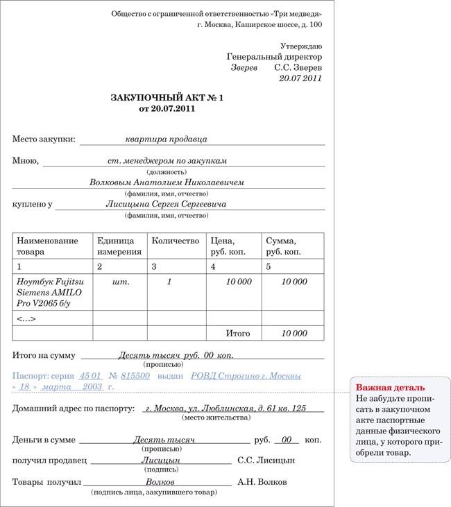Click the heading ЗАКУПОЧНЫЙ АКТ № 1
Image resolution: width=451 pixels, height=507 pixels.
pyautogui.click(x=167, y=98)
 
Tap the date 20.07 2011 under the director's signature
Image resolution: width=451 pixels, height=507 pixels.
pyautogui.click(x=300, y=79)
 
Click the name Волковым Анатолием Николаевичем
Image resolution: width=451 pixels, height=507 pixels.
pyautogui.click(x=167, y=182)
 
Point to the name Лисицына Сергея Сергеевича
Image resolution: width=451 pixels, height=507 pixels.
pyautogui.click(x=166, y=205)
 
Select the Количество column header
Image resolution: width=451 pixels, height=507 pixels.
pyautogui.click(x=175, y=241)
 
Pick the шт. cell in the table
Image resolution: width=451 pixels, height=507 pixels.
pyautogui.click(x=120, y=282)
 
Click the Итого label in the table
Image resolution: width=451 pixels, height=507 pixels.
pyautogui.click(x=238, y=334)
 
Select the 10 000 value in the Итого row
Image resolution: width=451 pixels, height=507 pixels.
pyautogui.click(x=294, y=334)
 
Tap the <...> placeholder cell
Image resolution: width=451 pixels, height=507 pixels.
pyautogui.click(x=26, y=319)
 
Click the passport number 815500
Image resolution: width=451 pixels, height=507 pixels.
pyautogui.click(x=135, y=375)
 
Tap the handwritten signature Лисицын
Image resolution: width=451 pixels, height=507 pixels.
pyautogui.click(x=160, y=460)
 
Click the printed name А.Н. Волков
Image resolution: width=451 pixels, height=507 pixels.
pyautogui.click(x=262, y=481)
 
